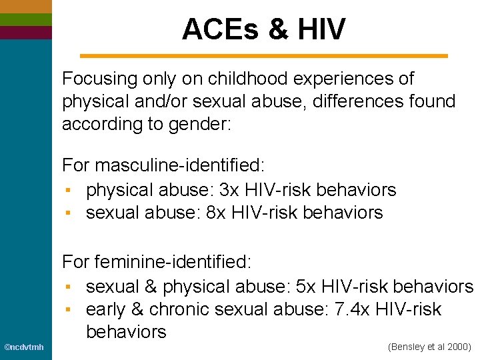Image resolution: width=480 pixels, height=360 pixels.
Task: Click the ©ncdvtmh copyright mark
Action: tap(24, 347)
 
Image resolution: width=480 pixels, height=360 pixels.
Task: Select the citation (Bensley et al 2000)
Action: tap(429, 347)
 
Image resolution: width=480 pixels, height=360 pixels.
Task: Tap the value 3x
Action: tap(229, 190)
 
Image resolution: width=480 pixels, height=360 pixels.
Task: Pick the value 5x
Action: tap(305, 287)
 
